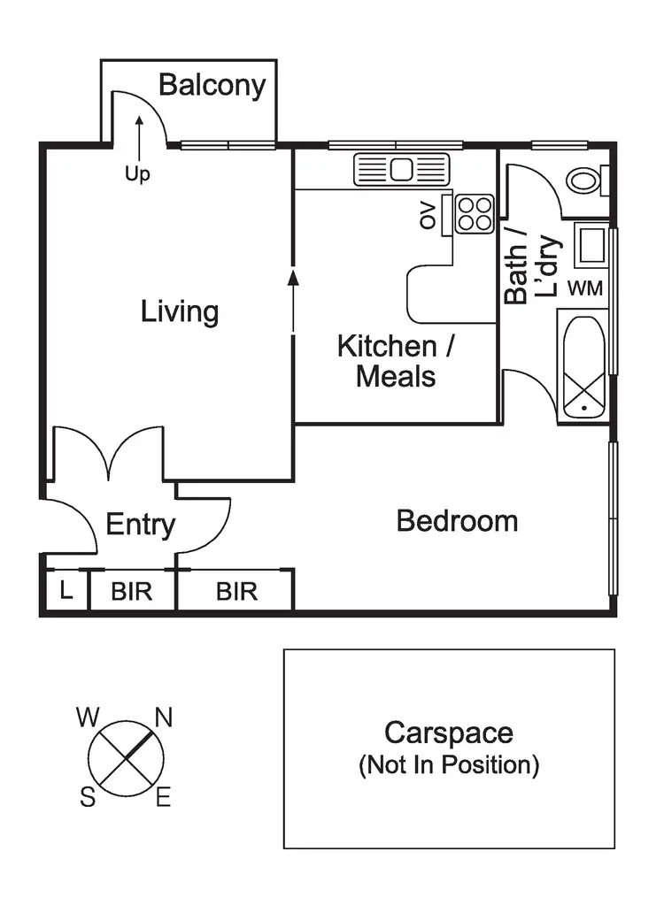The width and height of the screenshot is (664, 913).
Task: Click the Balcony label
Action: [212, 86]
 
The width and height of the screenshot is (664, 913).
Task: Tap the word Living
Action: [180, 311]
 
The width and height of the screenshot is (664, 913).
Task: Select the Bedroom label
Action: [457, 520]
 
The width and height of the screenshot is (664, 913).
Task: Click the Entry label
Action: [140, 525]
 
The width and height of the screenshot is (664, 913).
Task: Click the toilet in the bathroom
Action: [584, 181]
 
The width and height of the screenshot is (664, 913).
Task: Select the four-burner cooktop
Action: [475, 213]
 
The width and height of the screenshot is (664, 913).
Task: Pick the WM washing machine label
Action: [584, 288]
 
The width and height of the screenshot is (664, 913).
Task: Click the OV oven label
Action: [429, 215]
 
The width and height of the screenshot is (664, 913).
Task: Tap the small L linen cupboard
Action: [66, 590]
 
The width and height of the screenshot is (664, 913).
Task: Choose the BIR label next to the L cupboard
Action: [131, 591]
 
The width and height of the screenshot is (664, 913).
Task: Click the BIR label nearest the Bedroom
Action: [236, 591]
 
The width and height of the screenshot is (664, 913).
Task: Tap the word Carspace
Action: [448, 733]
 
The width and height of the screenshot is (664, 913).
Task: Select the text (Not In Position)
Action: [448, 764]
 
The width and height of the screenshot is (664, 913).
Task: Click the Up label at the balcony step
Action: [137, 174]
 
